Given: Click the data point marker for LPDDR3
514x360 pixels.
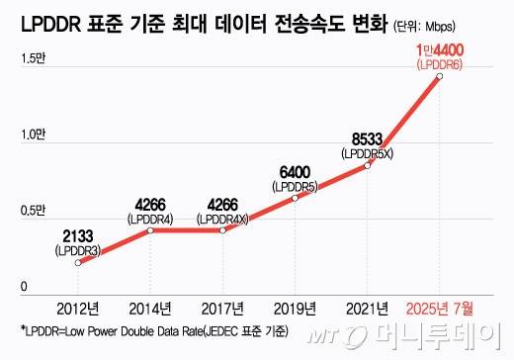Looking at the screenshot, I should tap(78, 264).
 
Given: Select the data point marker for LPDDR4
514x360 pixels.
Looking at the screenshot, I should tap(149, 230).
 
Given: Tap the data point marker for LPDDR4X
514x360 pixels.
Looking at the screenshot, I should tap(222, 230).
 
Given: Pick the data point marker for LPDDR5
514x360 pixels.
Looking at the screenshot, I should tap(296, 198).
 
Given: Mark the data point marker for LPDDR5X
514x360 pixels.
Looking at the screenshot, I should tap(368, 165).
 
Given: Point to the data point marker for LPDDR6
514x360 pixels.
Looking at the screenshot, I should tap(439, 76).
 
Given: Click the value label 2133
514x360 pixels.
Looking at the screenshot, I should tap(79, 234).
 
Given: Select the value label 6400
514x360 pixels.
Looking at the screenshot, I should tap(296, 169).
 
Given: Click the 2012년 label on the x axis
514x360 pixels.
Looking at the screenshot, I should tap(77, 307).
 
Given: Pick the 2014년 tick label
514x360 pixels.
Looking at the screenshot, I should tap(149, 307).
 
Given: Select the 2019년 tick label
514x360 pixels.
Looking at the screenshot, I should tap(295, 307).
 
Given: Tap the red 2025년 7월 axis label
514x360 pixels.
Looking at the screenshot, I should tap(440, 307).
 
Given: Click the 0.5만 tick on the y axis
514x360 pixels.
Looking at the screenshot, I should tap(34, 211).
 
